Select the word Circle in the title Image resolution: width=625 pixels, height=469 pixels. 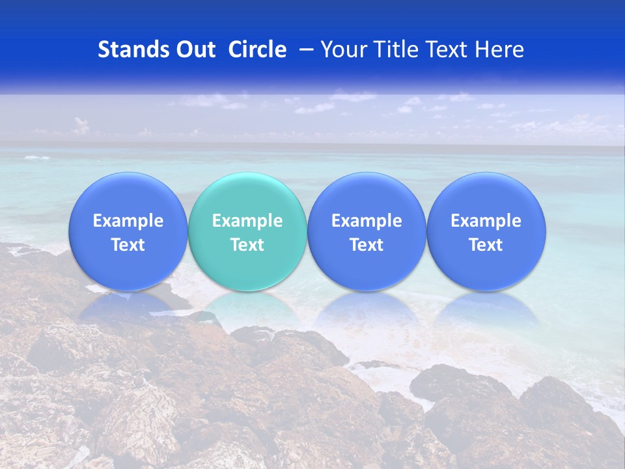(x=257, y=50)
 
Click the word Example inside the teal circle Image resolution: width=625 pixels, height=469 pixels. (x=247, y=221)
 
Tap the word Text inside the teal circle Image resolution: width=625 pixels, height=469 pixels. (x=247, y=245)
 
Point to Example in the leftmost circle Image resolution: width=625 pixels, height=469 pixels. (x=128, y=221)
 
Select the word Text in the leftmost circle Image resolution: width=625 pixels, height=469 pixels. (x=128, y=245)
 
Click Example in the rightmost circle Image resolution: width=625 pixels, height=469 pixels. (x=486, y=221)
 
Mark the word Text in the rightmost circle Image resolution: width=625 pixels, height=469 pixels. (x=486, y=245)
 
